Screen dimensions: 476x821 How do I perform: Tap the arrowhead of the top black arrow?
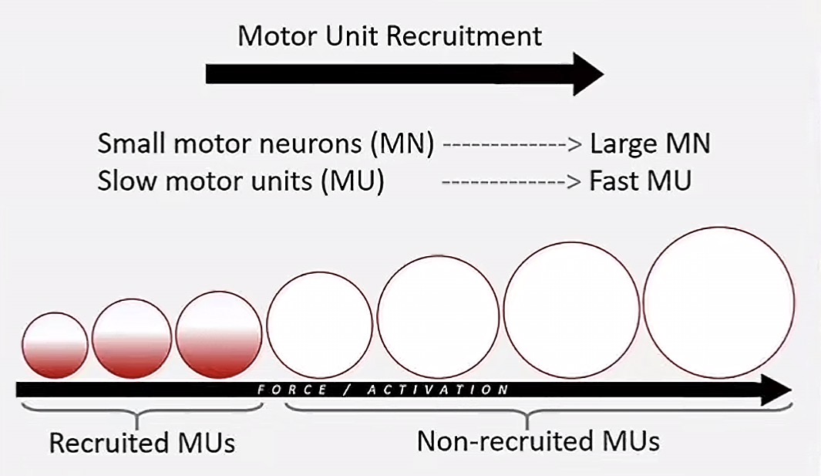tap(587, 74)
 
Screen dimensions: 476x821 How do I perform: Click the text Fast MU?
tap(640, 181)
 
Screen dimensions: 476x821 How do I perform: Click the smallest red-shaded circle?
tap(55, 345)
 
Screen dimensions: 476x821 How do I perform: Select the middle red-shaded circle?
tap(131, 339)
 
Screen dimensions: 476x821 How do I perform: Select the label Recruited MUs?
tap(142, 444)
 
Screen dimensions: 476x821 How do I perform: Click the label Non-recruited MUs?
tap(538, 441)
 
